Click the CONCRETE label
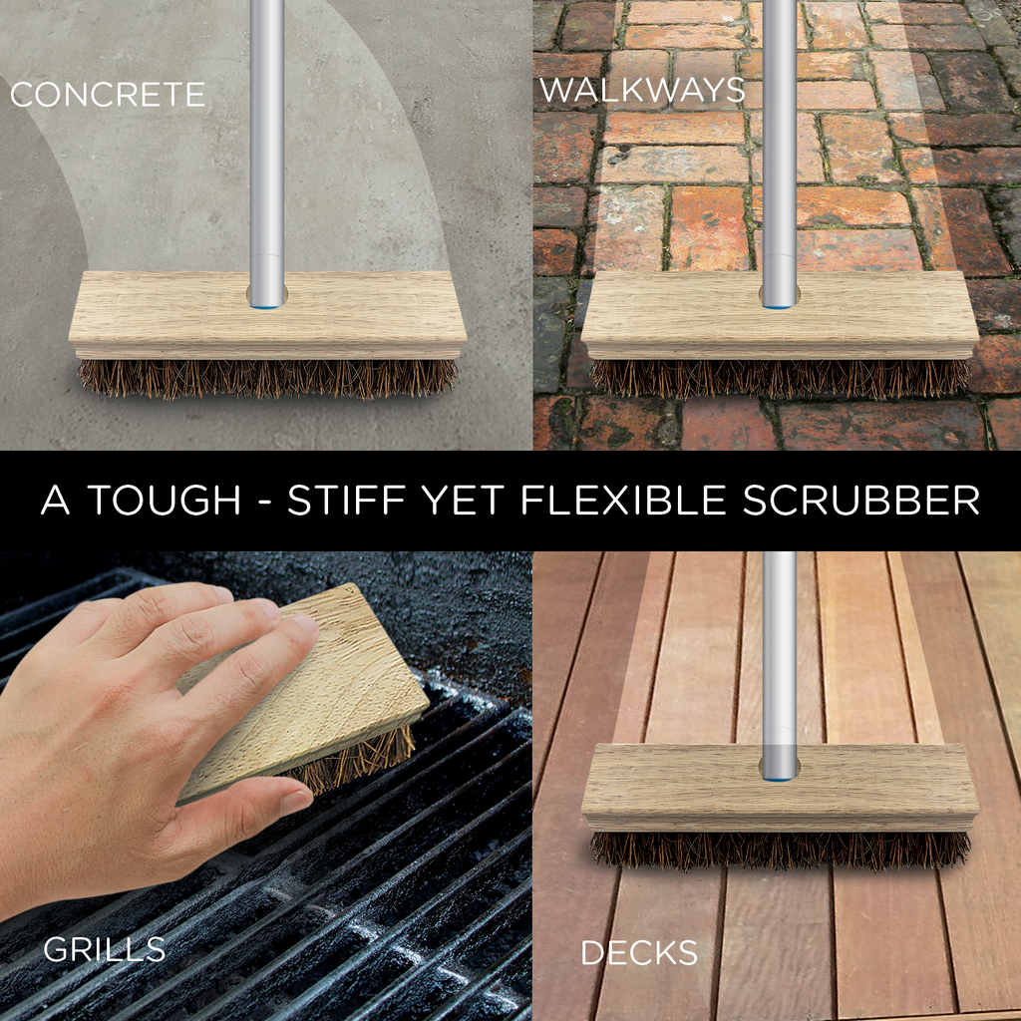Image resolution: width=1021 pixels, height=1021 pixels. tap(108, 95)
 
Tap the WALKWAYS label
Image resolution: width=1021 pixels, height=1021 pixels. tap(642, 90)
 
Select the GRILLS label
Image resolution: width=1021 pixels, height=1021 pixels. tap(104, 950)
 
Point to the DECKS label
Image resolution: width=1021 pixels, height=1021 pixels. tap(639, 953)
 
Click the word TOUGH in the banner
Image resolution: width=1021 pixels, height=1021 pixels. tap(165, 501)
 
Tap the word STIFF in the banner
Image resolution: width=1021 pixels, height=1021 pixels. tap(345, 501)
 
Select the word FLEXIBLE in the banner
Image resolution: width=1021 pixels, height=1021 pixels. tap(623, 501)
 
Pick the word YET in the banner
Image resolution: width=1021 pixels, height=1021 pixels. tap(462, 501)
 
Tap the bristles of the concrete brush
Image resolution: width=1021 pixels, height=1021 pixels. tap(267, 378)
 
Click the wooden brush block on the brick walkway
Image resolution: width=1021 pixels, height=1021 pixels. tap(780, 315)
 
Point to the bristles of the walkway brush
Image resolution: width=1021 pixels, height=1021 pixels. tap(780, 378)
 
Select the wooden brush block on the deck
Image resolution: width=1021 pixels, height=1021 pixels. tap(780, 788)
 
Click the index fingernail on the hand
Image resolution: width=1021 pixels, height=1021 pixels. tap(303, 622)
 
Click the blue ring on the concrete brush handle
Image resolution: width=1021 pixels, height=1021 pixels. tap(267, 305)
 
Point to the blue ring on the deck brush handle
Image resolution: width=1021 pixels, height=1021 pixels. tap(780, 778)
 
